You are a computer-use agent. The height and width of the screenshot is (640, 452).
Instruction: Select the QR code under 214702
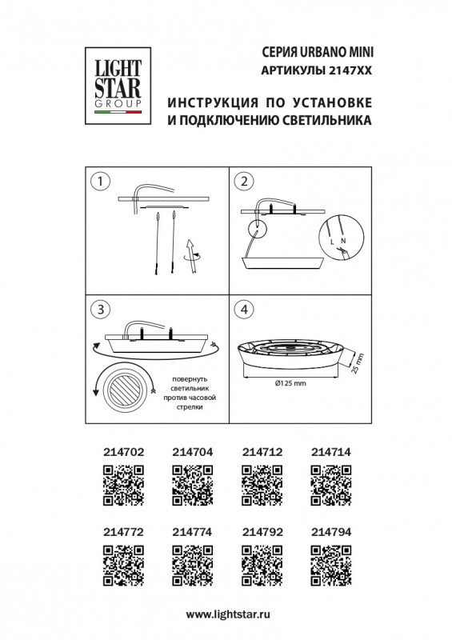pyautogui.click(x=124, y=486)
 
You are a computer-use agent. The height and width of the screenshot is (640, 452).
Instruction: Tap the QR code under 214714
pyautogui.click(x=330, y=486)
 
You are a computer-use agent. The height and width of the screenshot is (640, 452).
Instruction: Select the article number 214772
pyautogui.click(x=124, y=529)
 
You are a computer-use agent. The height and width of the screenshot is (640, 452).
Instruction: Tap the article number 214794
pyautogui.click(x=330, y=529)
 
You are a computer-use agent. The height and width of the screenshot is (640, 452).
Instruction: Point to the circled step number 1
pyautogui.click(x=99, y=182)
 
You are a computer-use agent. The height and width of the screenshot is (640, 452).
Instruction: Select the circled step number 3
pyautogui.click(x=99, y=310)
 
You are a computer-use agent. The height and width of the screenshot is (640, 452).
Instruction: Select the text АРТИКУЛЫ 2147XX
pyautogui.click(x=318, y=70)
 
